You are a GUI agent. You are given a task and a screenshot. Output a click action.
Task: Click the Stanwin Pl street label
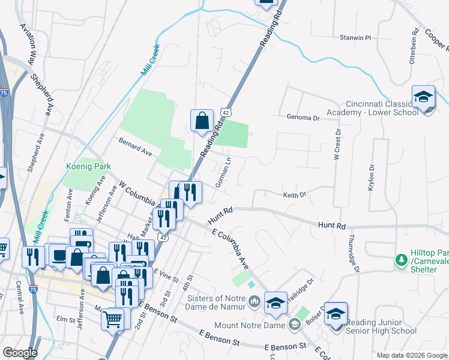[x=357, y=37]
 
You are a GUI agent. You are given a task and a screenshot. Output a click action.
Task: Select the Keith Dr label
[x=295, y=194]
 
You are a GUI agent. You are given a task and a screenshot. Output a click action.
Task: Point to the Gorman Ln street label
[x=223, y=175]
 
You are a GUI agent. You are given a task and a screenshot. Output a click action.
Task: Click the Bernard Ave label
[x=135, y=149]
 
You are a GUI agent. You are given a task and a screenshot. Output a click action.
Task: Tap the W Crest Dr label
[x=337, y=145]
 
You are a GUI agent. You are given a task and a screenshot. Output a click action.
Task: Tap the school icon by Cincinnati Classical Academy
[x=423, y=97]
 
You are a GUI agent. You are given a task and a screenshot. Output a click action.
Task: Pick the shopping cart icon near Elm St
[x=112, y=319]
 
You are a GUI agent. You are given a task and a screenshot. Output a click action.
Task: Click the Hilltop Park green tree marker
[x=401, y=260]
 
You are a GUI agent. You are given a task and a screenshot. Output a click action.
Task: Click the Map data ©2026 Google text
[x=411, y=355]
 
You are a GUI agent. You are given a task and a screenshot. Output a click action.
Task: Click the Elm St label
[x=63, y=319]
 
